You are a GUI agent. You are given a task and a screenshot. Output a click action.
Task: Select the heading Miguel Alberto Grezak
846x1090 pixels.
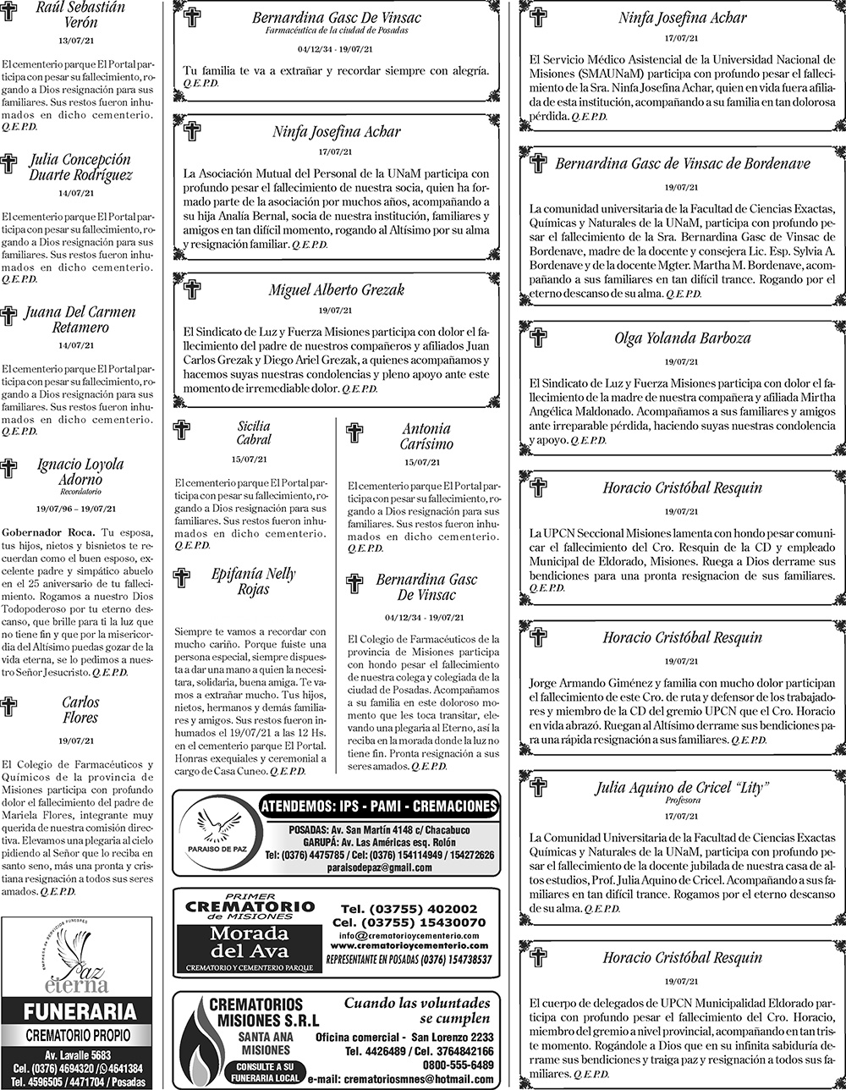click(336, 289)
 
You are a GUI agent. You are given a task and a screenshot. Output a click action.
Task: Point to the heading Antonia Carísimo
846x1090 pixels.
click(426, 436)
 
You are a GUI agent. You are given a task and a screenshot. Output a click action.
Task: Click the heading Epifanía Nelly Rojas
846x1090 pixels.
click(253, 581)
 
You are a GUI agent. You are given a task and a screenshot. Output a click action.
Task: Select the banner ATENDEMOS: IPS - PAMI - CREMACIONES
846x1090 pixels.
click(378, 805)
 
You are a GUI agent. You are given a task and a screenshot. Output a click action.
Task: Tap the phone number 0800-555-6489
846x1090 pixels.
click(459, 1065)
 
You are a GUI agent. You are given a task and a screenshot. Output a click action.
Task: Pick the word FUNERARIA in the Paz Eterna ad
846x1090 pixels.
click(79, 1011)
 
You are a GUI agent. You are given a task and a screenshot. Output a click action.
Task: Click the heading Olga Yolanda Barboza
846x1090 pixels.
click(682, 339)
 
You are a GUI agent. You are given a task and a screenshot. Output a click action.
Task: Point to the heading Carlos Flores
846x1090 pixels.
click(80, 709)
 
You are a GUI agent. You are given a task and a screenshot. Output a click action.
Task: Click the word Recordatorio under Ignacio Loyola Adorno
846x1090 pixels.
click(80, 492)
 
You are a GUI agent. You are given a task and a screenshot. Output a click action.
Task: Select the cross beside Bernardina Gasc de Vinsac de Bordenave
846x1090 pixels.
click(538, 163)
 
